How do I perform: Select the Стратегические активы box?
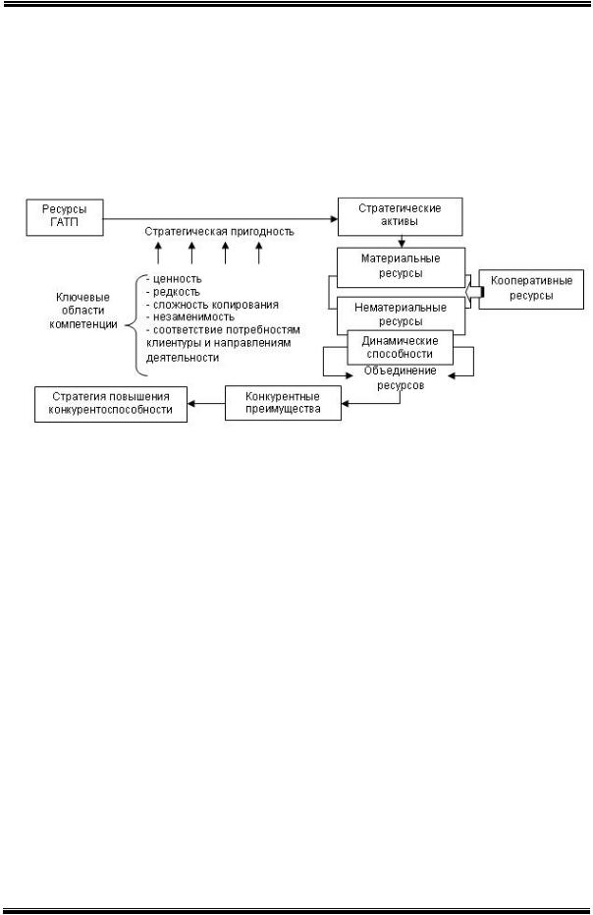399,216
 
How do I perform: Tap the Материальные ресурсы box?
401,266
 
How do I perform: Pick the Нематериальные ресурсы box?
401,314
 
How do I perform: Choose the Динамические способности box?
400,348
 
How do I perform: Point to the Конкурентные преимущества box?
285,403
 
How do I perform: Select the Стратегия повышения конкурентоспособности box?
110,403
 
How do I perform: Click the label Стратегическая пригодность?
219,233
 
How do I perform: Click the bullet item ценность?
176,278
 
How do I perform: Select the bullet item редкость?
173,292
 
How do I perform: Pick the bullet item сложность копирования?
211,305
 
